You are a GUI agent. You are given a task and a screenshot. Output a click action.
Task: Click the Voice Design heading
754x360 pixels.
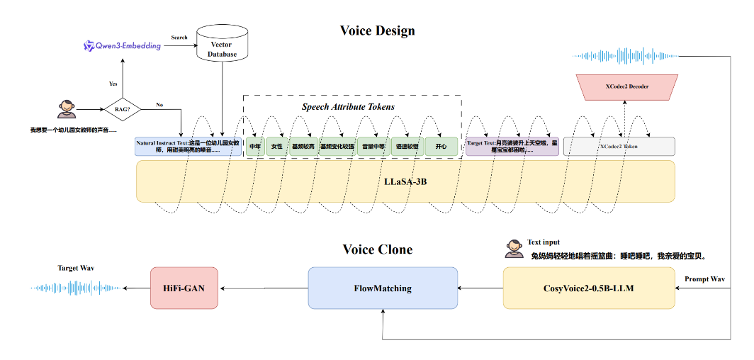point(377,30)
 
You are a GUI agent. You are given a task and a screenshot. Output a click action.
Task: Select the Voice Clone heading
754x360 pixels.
point(377,249)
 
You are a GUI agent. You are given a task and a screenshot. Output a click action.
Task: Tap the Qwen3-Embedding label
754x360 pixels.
point(123,46)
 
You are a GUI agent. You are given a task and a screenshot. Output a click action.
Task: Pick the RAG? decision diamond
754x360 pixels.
point(122,110)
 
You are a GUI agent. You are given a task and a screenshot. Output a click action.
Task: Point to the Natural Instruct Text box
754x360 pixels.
point(188,147)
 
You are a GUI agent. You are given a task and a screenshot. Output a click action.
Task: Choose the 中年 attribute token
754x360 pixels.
point(256,147)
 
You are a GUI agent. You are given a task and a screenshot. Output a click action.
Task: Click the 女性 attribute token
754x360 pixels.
point(277,147)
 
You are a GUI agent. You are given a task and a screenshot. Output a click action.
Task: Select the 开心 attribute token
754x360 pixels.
point(441,147)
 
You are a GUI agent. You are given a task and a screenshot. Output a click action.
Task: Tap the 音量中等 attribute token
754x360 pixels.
point(373,147)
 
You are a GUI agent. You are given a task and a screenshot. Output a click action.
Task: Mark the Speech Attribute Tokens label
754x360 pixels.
point(348,107)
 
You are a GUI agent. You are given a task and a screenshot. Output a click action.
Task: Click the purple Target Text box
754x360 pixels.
point(512,147)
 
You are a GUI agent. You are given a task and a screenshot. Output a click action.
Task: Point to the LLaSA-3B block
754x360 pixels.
point(405,181)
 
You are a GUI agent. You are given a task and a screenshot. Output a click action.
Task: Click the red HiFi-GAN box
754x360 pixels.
point(184,288)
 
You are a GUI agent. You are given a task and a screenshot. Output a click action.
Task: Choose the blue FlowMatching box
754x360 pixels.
point(383,288)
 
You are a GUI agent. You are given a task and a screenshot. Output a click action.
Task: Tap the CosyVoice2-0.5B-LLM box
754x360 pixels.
point(589,288)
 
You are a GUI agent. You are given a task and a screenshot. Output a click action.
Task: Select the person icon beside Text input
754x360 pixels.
point(515,249)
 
